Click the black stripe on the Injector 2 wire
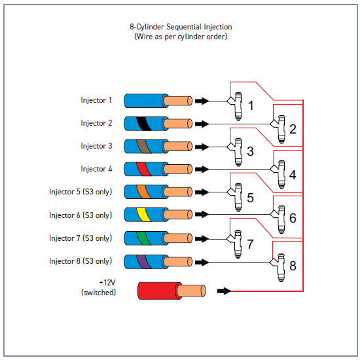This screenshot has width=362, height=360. point(144,124)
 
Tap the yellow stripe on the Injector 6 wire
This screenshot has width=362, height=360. point(143,215)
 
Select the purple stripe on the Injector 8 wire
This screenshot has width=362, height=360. point(143,262)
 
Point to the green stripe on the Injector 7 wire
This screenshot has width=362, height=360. point(143,238)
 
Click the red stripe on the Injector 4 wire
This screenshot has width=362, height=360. point(143,169)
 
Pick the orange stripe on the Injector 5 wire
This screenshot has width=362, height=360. point(143,192)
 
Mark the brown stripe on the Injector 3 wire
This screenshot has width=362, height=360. point(143,147)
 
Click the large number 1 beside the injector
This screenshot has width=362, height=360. point(251,105)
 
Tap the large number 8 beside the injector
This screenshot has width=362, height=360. point(293,266)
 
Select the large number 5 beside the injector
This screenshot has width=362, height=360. point(250,198)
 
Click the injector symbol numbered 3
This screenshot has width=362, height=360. point(236,152)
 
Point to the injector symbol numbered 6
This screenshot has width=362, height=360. point(279,220)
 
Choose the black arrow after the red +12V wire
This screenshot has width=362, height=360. point(224,291)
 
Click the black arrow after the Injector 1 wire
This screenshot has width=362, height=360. point(202,101)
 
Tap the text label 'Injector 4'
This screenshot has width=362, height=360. point(96,169)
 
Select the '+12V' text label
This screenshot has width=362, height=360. point(107,282)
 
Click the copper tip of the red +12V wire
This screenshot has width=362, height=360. point(191,291)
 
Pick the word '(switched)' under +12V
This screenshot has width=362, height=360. point(99,293)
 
